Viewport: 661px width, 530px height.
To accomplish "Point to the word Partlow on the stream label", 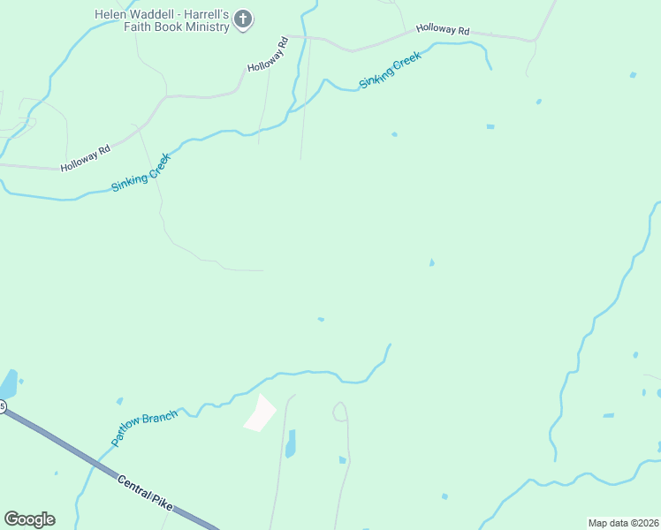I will [128, 430].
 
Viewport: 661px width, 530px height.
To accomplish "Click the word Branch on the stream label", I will [160, 414].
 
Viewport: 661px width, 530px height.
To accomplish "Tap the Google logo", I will [29, 519].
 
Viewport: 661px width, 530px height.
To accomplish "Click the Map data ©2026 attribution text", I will [623, 523].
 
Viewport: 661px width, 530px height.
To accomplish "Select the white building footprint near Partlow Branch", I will [260, 413].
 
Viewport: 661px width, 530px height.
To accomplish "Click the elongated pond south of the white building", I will [291, 443].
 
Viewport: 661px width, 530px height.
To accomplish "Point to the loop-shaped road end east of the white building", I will [340, 412].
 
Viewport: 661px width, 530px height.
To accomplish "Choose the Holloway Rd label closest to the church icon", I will [269, 55].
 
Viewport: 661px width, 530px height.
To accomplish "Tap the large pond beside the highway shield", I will [7, 384].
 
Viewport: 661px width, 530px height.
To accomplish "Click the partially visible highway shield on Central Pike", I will [3, 407].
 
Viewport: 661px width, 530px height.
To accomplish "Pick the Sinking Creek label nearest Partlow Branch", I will [140, 174].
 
